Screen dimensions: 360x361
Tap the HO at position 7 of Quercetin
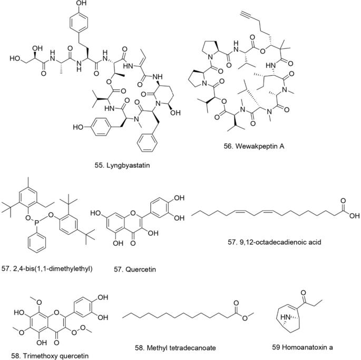[x=95, y=214]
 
